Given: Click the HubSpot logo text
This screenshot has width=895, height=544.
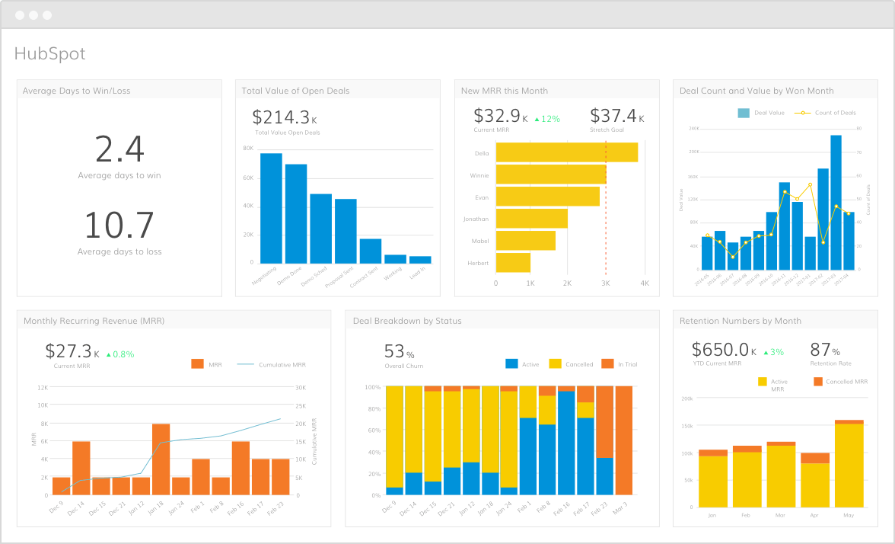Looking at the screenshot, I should pos(50,53).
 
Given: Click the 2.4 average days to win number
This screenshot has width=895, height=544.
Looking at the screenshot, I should pos(119,149).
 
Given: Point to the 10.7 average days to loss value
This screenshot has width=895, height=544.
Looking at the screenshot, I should pos(119,226).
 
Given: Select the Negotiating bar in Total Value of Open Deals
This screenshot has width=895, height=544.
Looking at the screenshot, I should pos(271,208).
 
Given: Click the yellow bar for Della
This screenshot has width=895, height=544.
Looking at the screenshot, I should pos(566,152).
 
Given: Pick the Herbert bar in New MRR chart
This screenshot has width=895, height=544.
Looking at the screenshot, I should pos(513,263).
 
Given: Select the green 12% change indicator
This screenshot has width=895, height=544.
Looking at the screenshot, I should pos(547,119).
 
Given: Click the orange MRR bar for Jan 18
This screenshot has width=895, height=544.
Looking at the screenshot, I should pos(161,459).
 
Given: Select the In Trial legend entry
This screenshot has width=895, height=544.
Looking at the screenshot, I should pos(619,364).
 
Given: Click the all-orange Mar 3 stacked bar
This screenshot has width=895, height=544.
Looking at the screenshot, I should pos(623,440).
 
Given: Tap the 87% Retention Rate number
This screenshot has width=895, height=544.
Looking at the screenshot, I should pos(825,350).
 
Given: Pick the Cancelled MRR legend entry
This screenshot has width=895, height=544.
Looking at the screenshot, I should pos(840,382).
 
